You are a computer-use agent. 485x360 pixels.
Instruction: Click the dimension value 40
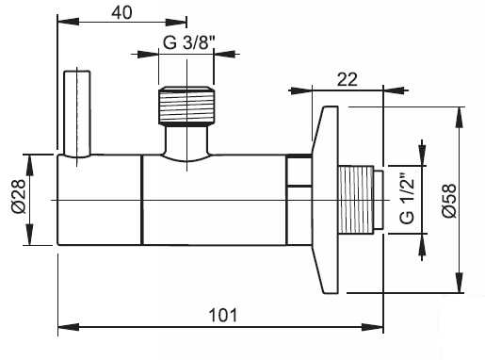[122, 12]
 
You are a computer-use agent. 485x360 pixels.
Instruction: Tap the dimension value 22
[348, 79]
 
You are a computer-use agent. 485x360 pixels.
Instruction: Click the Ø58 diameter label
[449, 201]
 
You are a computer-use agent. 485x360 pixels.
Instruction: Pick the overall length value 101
[223, 315]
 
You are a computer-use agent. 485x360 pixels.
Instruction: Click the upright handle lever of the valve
[77, 114]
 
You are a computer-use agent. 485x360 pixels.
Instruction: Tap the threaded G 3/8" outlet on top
[186, 106]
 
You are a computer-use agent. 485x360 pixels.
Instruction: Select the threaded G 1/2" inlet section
[356, 200]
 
